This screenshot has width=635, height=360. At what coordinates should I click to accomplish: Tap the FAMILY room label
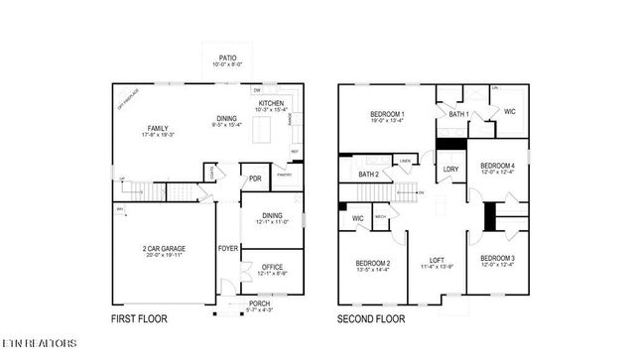tap(157, 128)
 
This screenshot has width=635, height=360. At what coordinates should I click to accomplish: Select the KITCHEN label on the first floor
tap(272, 102)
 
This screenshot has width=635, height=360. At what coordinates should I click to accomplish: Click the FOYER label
tap(227, 248)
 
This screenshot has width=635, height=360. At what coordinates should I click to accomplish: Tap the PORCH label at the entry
tap(259, 303)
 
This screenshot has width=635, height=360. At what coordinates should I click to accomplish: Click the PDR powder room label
tap(255, 180)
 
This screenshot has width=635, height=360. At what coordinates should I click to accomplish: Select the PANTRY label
tap(283, 174)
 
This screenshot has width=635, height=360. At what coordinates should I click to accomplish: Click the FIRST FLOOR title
tap(140, 319)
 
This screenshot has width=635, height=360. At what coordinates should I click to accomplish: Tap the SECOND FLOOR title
tap(372, 319)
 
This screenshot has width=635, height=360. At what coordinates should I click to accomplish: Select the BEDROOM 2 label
tap(372, 263)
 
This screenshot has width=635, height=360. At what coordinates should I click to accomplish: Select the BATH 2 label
tap(368, 175)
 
